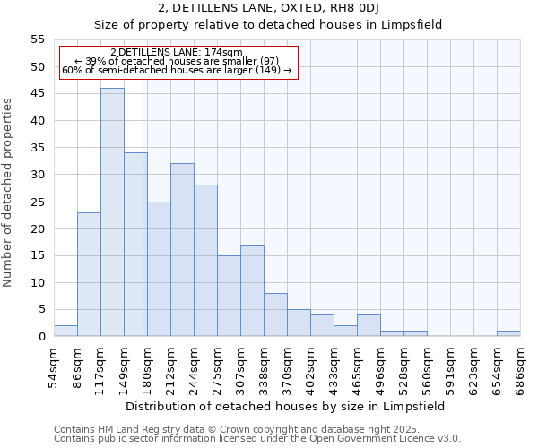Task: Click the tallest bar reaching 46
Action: [x=112, y=212]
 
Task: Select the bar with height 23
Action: [x=89, y=274]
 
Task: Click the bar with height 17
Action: [x=252, y=290]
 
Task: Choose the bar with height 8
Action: [x=275, y=314]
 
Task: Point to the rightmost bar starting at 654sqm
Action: [x=508, y=333]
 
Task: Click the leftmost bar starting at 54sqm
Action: [x=65, y=331]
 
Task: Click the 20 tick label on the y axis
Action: [x=38, y=228]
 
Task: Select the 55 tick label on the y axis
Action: [x=38, y=39]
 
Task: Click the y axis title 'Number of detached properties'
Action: [x=8, y=193]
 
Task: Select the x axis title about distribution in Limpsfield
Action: [x=285, y=406]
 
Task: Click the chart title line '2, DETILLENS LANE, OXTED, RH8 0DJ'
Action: [x=268, y=8]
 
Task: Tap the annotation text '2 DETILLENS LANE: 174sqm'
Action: [x=177, y=53]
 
